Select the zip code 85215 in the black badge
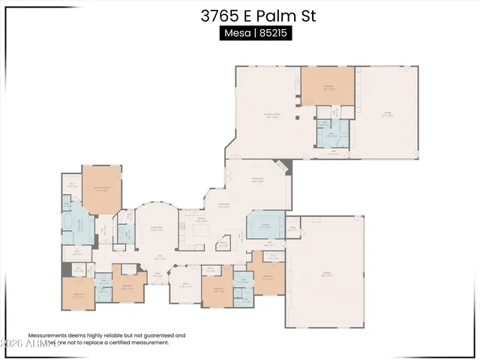tap(274, 34)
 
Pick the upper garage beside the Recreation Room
tap(387, 112)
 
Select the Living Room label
tap(157, 229)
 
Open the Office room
tap(184, 286)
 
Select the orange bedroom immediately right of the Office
tap(217, 289)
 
